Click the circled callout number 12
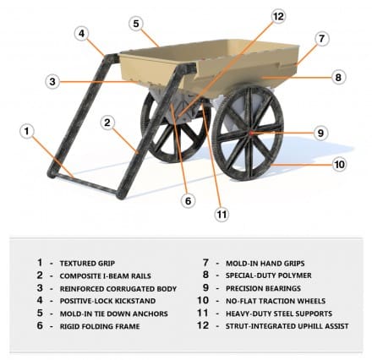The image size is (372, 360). point(278,16)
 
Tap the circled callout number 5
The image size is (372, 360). point(136,24)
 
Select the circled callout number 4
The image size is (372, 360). point(82,34)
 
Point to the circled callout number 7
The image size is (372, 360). point(322,39)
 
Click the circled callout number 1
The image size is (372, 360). point(27,131)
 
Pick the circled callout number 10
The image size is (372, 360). point(339,164)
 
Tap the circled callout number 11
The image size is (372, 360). point(222,215)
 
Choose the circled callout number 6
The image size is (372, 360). point(188,201)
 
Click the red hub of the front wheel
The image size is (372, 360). point(250,132)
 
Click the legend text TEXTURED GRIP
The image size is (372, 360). point(87,264)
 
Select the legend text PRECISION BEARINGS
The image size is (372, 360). point(263,288)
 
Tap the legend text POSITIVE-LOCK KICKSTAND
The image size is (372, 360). point(107,301)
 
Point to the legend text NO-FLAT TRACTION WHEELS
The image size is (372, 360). point(276,301)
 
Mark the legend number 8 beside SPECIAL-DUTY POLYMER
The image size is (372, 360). point(205,275)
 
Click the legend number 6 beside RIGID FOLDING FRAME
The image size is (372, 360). point(40,325)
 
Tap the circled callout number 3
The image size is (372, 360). point(52,82)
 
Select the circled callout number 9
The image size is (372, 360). point(320,133)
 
